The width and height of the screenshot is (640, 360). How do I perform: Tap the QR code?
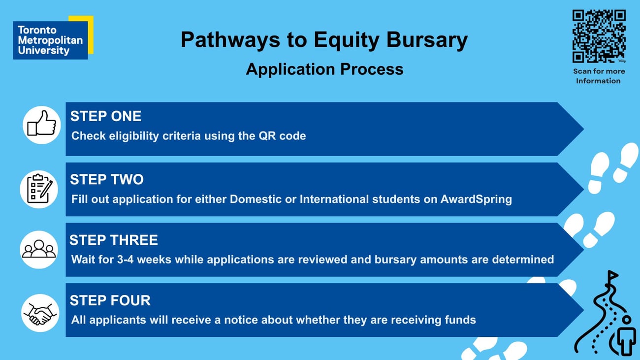point(599,36)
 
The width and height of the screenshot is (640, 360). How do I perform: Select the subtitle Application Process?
point(324,69)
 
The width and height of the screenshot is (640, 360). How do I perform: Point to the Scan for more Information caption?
point(599,76)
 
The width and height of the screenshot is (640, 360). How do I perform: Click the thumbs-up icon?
point(41,125)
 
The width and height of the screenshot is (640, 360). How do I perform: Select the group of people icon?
point(39,249)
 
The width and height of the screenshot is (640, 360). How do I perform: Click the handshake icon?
point(40,313)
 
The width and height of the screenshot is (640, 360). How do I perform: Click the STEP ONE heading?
point(105,116)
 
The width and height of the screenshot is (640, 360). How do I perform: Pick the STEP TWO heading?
point(106,179)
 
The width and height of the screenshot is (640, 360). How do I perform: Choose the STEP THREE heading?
point(114,240)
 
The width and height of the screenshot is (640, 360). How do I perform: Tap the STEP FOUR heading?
point(110,300)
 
